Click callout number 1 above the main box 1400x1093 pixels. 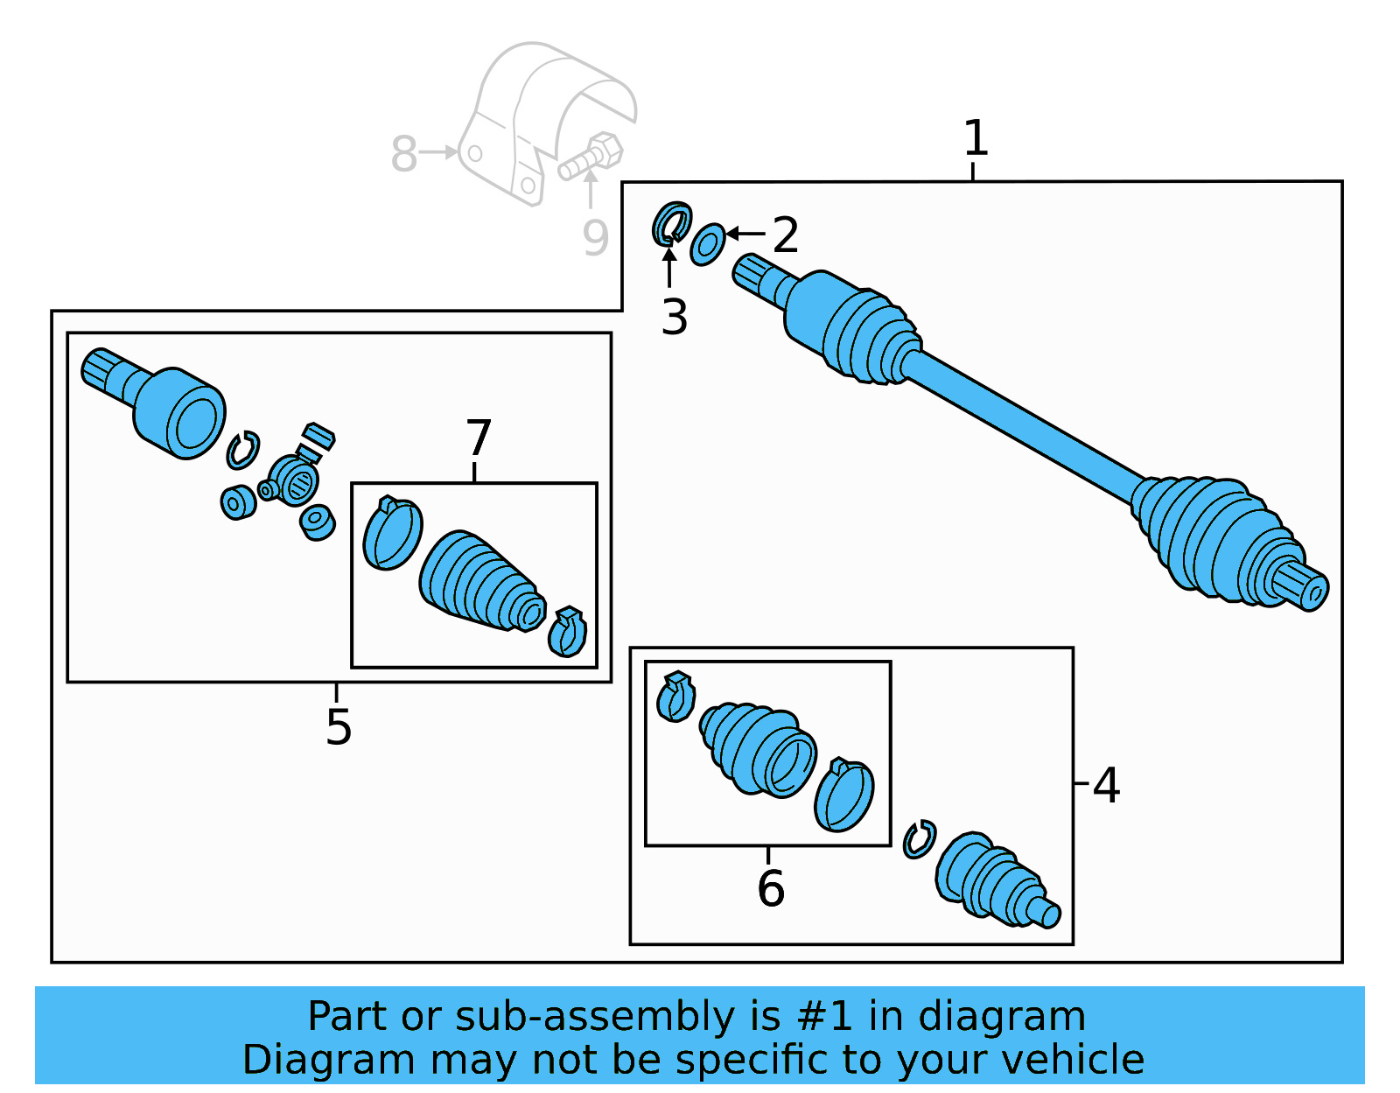975,139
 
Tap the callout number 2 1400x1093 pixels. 785,235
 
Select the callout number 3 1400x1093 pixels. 674,317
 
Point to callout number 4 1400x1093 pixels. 1106,785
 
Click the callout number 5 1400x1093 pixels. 338,726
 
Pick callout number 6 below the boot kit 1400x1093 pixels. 770,888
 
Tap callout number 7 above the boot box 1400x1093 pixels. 479,438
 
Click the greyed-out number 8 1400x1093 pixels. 403,154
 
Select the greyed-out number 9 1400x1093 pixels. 595,238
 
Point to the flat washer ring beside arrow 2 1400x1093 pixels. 707,244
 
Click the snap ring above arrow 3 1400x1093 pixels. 672,224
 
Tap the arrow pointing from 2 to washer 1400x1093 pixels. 745,233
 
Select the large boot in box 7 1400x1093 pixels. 479,581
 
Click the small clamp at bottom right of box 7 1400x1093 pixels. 567,632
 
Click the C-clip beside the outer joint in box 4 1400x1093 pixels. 919,840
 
